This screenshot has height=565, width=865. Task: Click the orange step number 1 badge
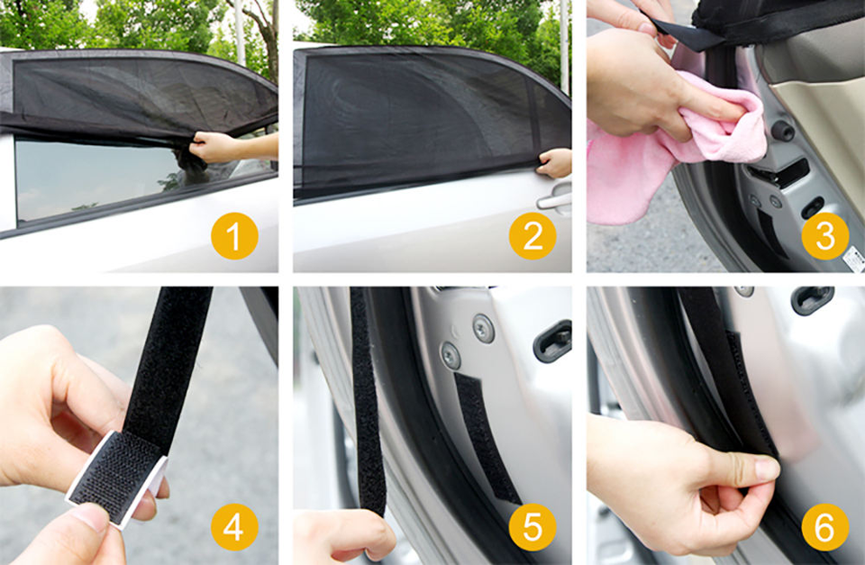coord(234,235)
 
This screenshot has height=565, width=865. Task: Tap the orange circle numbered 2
coord(533,235)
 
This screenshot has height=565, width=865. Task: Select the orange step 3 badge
coord(825,235)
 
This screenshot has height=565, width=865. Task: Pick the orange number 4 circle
coord(234,527)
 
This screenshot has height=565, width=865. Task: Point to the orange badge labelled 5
coord(533,527)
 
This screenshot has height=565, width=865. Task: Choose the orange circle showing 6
coord(825,527)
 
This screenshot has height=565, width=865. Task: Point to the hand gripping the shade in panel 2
coord(554,163)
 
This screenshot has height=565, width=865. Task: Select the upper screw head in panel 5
coord(483,328)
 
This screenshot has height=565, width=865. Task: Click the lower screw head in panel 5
coord(451,355)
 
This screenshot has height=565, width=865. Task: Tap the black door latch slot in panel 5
coord(552,341)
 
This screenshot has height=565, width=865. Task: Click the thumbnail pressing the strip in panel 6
coord(768,469)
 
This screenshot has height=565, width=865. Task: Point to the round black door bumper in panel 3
coord(782,131)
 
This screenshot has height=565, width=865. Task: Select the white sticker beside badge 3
coord(854,260)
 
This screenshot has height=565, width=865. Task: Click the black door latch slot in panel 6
coord(812,299)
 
